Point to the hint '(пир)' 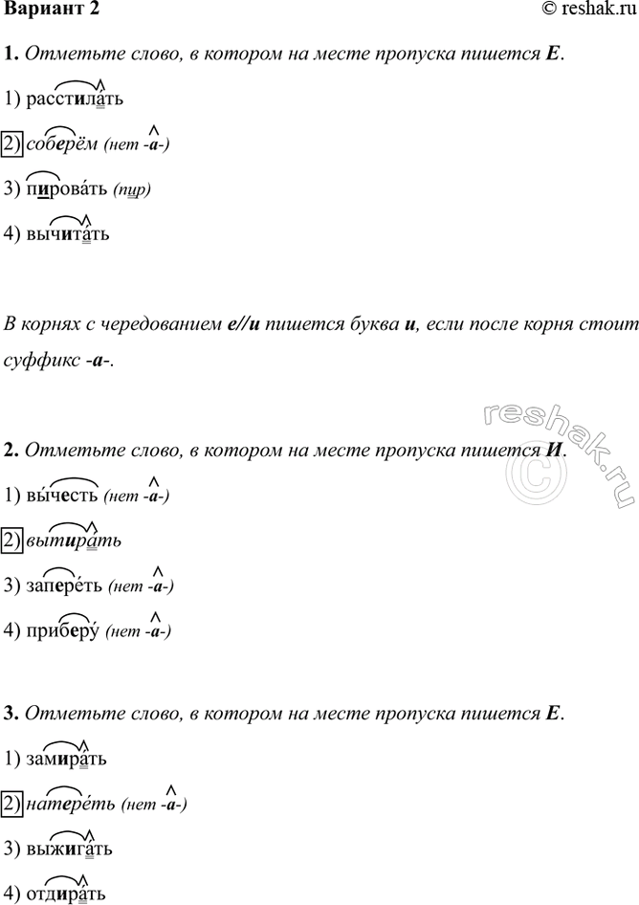132,190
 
